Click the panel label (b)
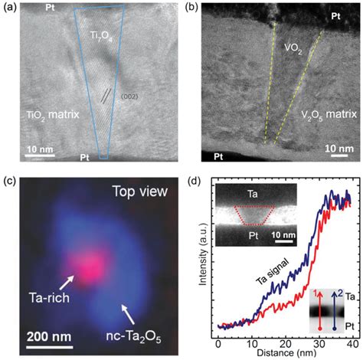pos(193,8)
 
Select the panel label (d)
pos(193,183)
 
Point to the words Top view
pos(137,191)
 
